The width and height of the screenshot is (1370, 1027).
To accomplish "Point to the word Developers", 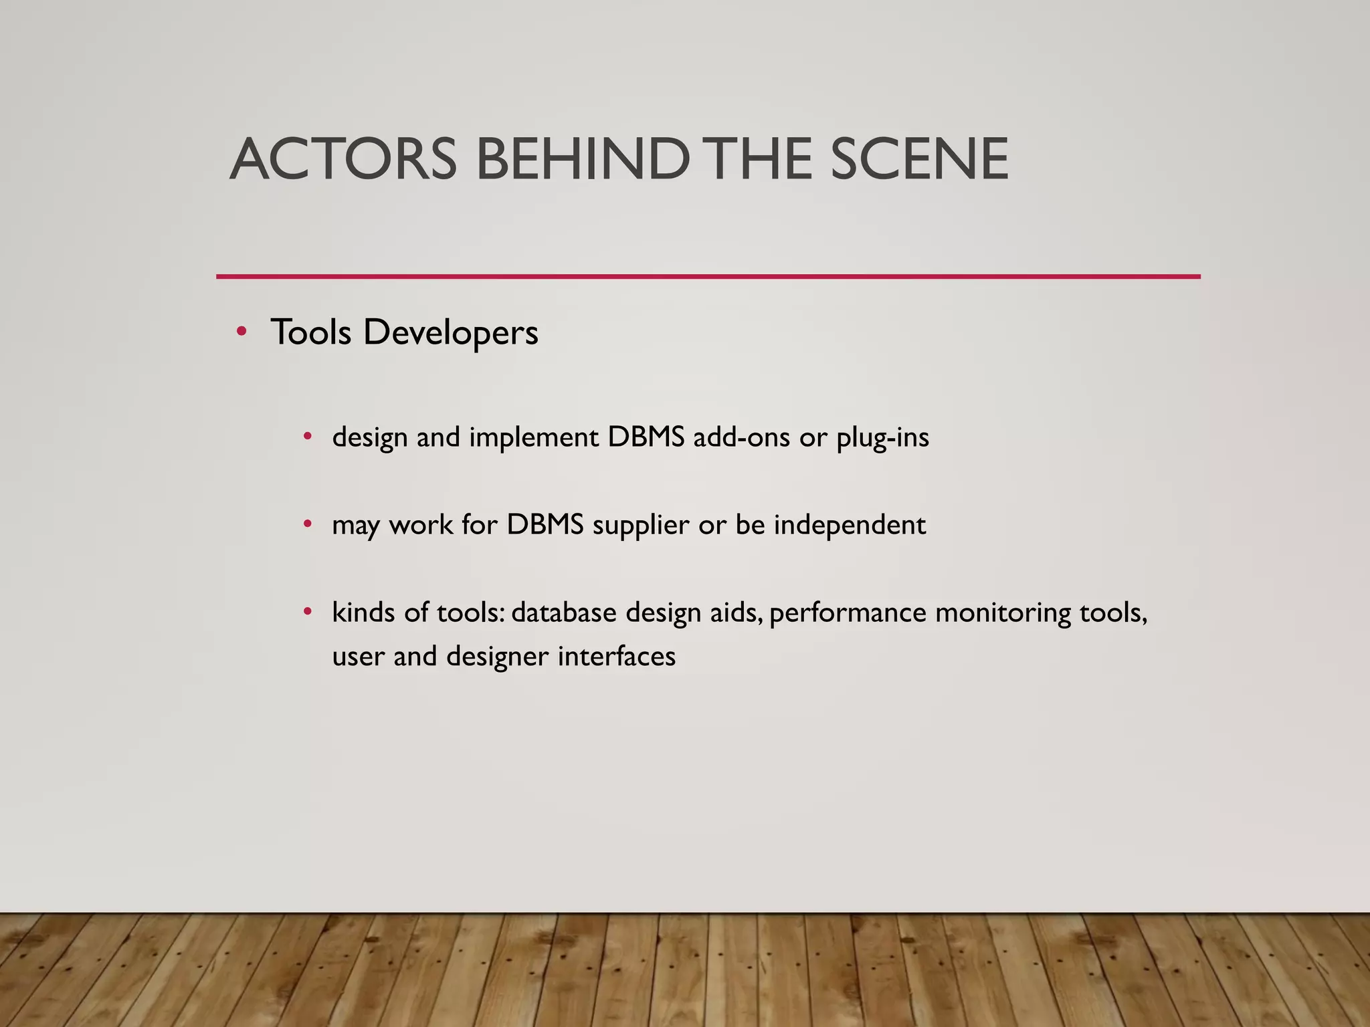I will [450, 332].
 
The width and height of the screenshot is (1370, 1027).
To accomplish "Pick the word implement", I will [534, 439].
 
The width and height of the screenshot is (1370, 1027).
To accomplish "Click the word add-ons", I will [741, 438].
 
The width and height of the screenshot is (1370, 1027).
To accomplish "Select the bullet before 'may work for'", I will [307, 524].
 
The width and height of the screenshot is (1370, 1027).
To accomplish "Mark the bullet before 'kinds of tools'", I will [307, 611].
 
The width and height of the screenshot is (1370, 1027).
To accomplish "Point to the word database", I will [563, 612].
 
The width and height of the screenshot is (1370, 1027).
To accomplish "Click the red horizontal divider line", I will [708, 276].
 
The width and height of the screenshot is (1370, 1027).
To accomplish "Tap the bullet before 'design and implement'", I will [307, 437].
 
